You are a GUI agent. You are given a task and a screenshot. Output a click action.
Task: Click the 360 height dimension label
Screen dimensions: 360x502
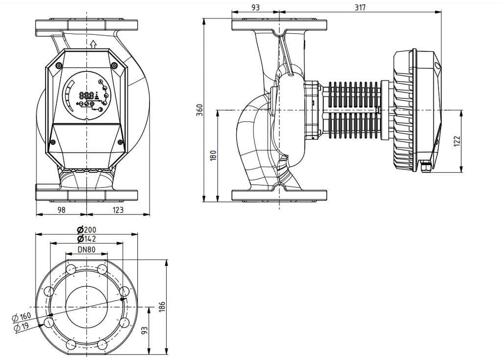pyautogui.click(x=198, y=111)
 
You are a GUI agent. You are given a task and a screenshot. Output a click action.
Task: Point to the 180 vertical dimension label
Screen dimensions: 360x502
pyautogui.click(x=213, y=156)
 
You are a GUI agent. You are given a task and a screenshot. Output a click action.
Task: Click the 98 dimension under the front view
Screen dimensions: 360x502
pyautogui.click(x=61, y=210)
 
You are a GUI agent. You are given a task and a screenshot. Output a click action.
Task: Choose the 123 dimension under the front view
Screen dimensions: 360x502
pyautogui.click(x=118, y=210)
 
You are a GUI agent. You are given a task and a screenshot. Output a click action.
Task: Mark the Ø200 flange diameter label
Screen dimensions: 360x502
pyautogui.click(x=86, y=229)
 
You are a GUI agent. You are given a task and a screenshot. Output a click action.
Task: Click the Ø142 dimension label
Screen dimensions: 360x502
pyautogui.click(x=86, y=239)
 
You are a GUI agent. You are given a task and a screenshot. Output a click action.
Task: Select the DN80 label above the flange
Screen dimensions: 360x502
pyautogui.click(x=86, y=249)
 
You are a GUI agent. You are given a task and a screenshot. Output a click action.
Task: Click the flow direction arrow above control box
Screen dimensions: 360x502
pyautogui.click(x=93, y=45)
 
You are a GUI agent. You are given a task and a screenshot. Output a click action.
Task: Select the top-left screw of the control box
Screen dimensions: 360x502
pyautogui.click(x=59, y=66)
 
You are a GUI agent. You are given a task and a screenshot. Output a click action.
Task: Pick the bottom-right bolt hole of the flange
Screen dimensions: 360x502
pyautogui.click(x=102, y=345)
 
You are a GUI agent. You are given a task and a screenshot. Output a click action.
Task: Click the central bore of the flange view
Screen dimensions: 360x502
pyautogui.click(x=86, y=307)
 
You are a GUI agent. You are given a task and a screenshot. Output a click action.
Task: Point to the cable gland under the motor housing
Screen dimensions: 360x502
pyautogui.click(x=426, y=168)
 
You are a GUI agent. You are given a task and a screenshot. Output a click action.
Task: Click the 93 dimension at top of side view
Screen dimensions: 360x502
pyautogui.click(x=255, y=7)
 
